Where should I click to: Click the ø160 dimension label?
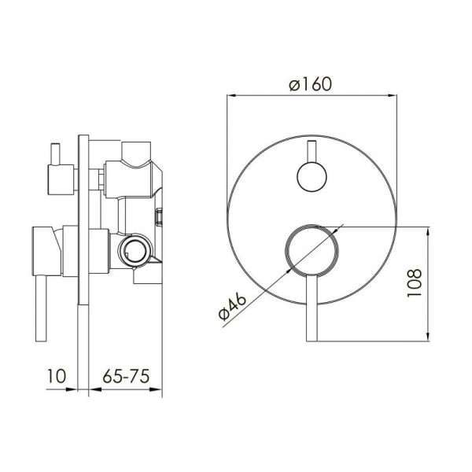click(x=311, y=84)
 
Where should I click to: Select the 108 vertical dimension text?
click(x=415, y=283)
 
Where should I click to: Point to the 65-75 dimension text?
click(x=126, y=376)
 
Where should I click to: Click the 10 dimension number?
click(x=57, y=376)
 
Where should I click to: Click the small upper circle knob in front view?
click(x=312, y=177)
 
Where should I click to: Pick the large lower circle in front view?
click(x=312, y=250)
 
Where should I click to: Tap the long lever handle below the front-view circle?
click(x=312, y=308)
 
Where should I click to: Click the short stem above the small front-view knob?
click(x=312, y=152)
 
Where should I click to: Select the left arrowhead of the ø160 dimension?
click(x=231, y=96)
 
